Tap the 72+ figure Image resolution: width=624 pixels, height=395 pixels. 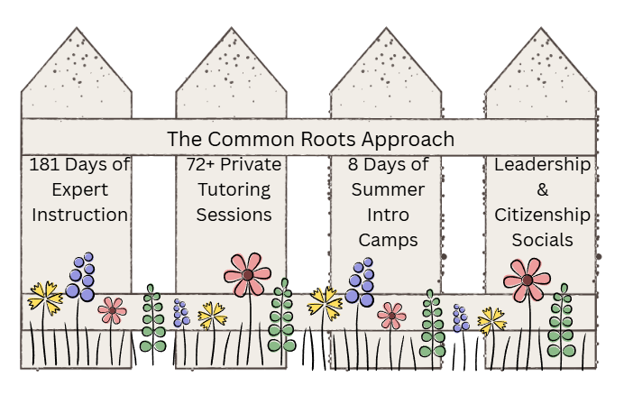[x=203, y=166]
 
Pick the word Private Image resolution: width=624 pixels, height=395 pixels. [x=253, y=166]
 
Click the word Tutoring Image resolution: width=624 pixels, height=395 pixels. [x=234, y=190]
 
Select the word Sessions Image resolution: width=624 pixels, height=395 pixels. [x=234, y=215]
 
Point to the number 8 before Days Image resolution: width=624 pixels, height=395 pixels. [x=353, y=166]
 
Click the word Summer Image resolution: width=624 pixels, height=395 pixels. [x=388, y=190]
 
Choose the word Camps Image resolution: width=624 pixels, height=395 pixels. [x=388, y=241]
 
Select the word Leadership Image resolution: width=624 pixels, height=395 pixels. [x=542, y=166]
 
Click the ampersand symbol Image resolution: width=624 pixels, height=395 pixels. [x=542, y=190]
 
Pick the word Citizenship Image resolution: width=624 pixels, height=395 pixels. [x=542, y=215]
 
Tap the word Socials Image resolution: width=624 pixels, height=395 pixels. [x=542, y=240]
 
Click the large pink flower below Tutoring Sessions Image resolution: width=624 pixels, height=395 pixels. [x=247, y=273]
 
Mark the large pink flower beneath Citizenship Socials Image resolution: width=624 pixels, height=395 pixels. [x=527, y=280]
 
